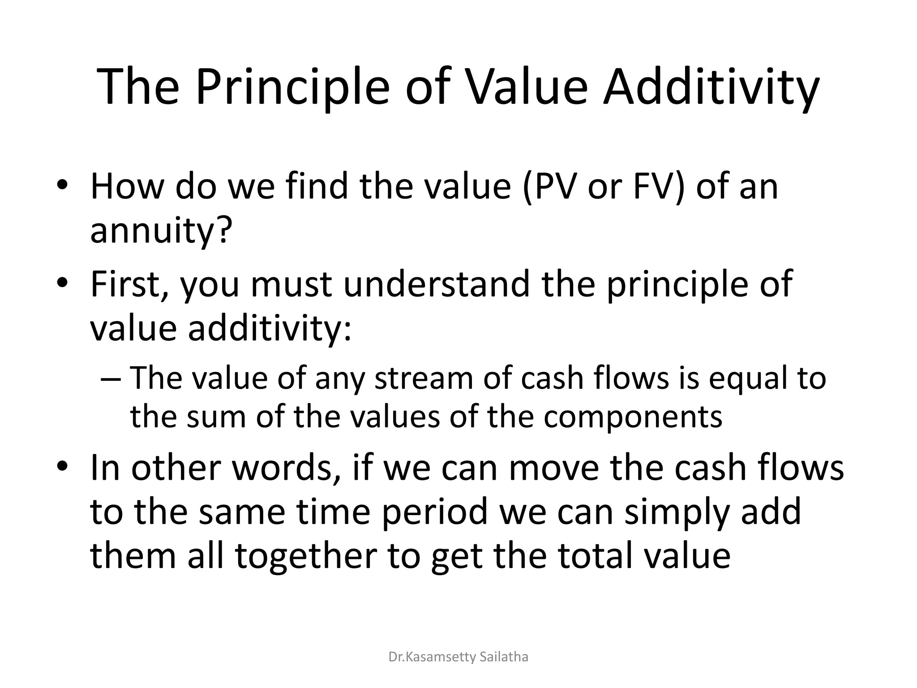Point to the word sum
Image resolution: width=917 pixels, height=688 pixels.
(216, 417)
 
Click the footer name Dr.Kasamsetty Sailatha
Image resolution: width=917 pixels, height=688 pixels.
(458, 657)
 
